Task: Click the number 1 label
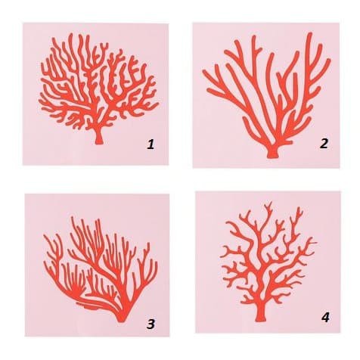(x=151, y=144)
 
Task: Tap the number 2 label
(x=324, y=144)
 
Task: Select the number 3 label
(x=151, y=324)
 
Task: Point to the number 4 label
(x=325, y=318)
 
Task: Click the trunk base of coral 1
(x=99, y=139)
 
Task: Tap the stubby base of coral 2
(x=272, y=154)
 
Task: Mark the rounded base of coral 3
(x=121, y=318)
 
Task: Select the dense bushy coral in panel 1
(x=98, y=88)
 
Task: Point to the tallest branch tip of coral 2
(x=310, y=34)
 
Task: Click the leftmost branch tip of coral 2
(x=203, y=72)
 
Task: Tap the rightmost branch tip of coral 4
(x=316, y=243)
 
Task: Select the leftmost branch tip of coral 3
(x=45, y=236)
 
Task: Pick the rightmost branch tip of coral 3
(x=156, y=264)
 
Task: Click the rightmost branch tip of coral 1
(x=157, y=104)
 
